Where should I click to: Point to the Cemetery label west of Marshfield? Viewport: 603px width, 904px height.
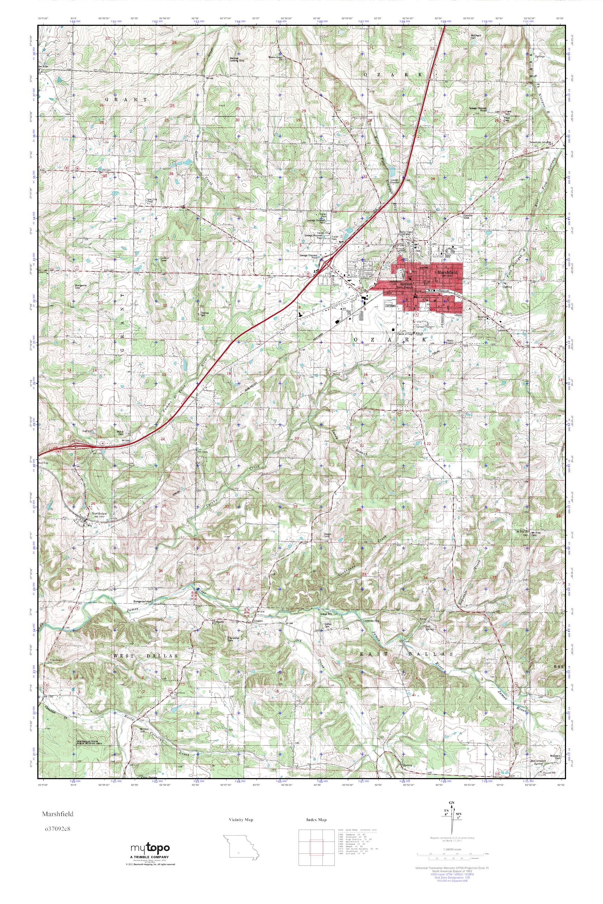(391, 306)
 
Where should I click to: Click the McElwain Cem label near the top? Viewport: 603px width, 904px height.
(476, 37)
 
